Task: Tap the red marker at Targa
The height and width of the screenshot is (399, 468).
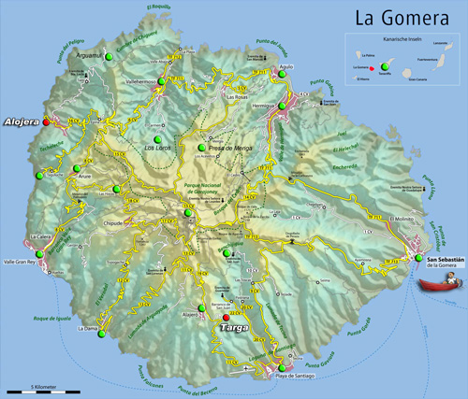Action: click(226, 318)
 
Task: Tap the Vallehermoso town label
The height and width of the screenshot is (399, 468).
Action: click(139, 82)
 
